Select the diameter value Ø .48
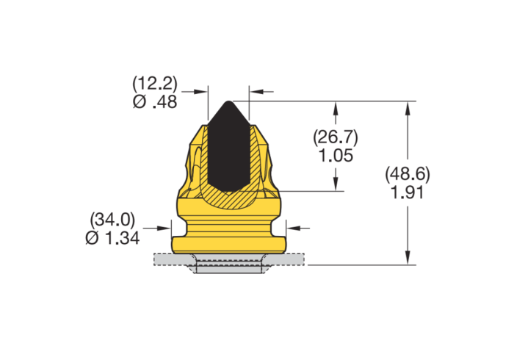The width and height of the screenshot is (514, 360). click(x=155, y=103)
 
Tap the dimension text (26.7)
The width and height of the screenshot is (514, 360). click(x=335, y=137)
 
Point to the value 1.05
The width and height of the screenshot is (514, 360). click(x=335, y=155)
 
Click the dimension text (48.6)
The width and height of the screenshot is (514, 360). click(x=407, y=174)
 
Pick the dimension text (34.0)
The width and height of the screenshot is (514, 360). click(x=112, y=219)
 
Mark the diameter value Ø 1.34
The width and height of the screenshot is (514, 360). click(x=112, y=237)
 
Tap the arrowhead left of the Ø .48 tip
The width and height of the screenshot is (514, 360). click(x=203, y=92)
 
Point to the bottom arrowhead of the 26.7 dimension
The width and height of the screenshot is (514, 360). click(x=336, y=186)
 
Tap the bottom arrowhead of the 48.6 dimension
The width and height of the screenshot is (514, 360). click(x=407, y=258)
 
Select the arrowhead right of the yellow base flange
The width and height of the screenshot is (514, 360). click(x=291, y=228)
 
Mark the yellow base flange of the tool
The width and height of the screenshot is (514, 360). click(x=228, y=242)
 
